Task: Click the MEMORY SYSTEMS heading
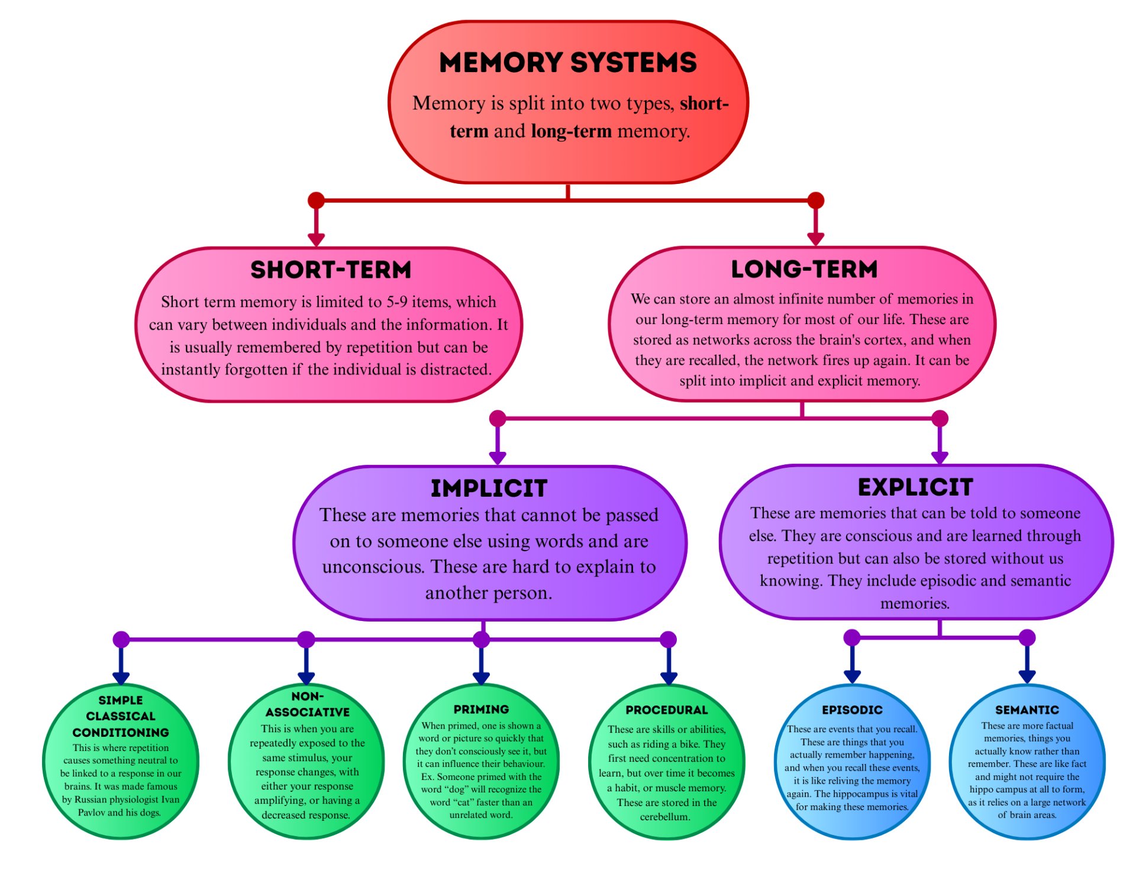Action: pos(567,62)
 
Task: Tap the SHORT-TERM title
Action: pos(331,270)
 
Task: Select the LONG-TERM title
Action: pos(804,269)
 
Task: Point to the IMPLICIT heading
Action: pos(489,488)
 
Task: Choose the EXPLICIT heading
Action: pos(915,487)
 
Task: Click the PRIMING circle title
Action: pos(481,709)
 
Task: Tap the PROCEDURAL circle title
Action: pos(666,710)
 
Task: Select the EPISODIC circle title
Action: pos(852,710)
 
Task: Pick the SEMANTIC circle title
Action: pos(1027,710)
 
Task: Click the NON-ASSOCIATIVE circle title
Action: pos(307,704)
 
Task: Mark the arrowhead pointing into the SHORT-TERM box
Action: pos(317,239)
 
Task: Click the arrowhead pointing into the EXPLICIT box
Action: pos(940,457)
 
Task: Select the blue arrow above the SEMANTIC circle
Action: pos(1027,675)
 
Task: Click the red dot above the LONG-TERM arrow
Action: pos(816,200)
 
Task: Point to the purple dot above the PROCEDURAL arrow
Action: pos(668,639)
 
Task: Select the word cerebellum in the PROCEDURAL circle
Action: pos(664,817)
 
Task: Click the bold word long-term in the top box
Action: pos(571,131)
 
